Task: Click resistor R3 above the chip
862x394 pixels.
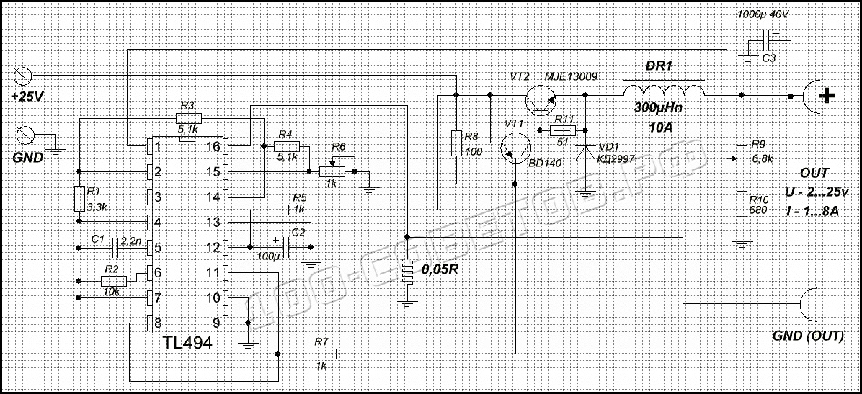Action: [x=188, y=117]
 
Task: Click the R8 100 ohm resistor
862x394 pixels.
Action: [x=456, y=143]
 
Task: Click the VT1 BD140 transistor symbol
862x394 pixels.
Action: [x=514, y=148]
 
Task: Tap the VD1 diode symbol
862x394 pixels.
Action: [x=585, y=153]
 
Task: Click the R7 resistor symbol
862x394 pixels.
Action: [x=322, y=354]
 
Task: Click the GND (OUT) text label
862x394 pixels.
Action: [x=807, y=336]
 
